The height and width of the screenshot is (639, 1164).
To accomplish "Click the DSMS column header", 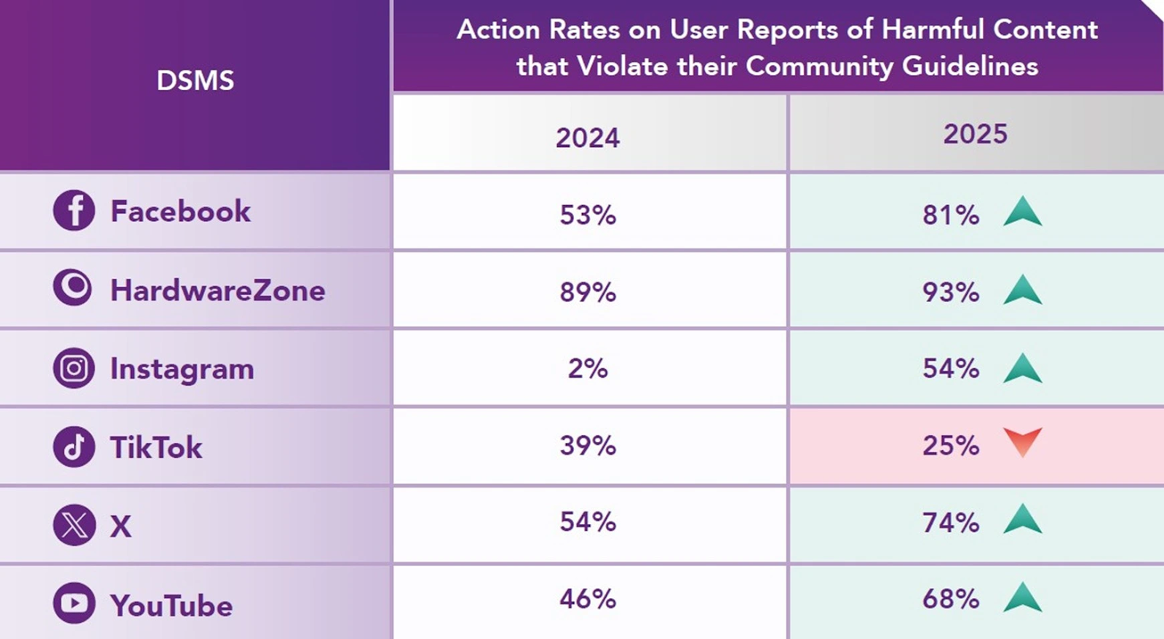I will pos(195,81).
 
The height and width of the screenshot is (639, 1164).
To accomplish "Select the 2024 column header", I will pos(588,138).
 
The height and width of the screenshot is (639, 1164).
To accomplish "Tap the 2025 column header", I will pos(975,134).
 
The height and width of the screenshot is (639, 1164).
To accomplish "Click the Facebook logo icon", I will pos(73,211).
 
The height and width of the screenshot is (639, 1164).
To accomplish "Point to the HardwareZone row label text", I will pos(218,290).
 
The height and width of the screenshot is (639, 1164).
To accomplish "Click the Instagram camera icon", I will pos(73,368).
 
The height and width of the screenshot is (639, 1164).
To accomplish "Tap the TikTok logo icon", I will pos(73,447).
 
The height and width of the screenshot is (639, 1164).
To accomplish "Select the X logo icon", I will pos(73,525).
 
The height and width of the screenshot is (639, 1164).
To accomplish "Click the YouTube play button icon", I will pos(73,603).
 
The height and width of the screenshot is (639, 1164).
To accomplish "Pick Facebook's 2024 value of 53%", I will pos(588,215).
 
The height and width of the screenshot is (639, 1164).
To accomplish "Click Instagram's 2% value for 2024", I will pos(588,368).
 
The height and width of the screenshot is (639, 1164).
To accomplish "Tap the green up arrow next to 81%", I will pos(1022,212).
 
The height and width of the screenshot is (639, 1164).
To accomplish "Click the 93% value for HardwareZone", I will pos(950,293).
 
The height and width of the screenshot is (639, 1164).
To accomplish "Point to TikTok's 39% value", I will pos(588,445).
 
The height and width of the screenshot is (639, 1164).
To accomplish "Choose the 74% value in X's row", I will pos(950,523).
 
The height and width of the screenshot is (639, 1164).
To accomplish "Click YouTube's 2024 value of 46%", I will pos(588,599).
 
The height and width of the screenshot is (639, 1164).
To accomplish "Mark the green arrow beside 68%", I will pos(1022,597).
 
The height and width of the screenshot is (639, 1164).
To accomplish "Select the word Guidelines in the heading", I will pos(970,66).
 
